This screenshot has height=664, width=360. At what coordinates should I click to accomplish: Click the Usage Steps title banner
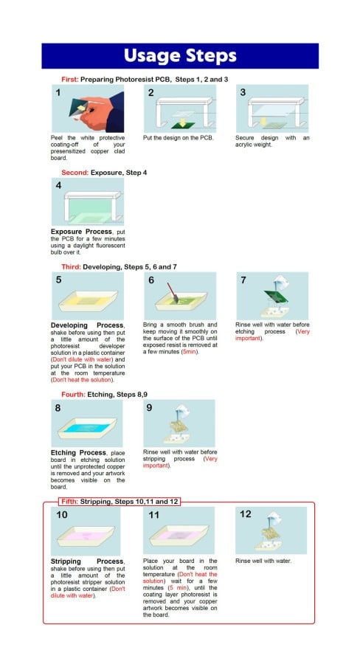pyautogui.click(x=179, y=56)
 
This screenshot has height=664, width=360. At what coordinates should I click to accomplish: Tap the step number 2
pyautogui.click(x=151, y=93)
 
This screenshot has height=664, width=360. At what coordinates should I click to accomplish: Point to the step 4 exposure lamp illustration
pyautogui.click(x=88, y=202)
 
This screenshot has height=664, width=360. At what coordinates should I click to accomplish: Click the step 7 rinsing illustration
pyautogui.click(x=271, y=296)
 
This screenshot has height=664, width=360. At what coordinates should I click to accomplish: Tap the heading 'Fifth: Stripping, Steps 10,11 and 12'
pyautogui.click(x=120, y=502)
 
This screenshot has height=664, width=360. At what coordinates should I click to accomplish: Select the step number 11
pyautogui.click(x=154, y=515)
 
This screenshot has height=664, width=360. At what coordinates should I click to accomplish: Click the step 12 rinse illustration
pyautogui.click(x=271, y=531)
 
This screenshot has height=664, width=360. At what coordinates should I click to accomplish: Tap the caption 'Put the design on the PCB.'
pyautogui.click(x=178, y=137)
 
